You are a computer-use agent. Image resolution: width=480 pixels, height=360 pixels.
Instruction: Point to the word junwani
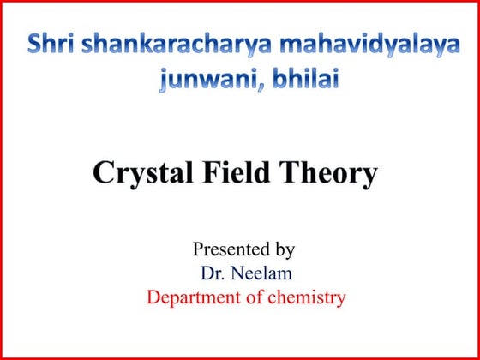coord(195,80)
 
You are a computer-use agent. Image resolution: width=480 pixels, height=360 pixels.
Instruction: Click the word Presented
coord(226,249)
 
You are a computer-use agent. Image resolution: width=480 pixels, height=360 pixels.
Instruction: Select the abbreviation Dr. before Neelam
coord(213,273)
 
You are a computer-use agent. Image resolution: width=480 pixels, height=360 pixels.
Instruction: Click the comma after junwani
coord(243,86)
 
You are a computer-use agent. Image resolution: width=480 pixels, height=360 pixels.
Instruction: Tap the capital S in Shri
coord(36,45)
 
